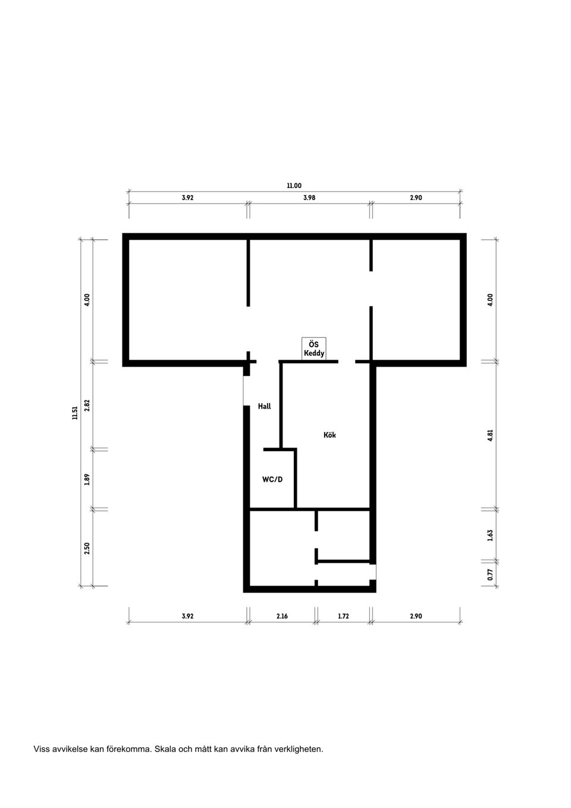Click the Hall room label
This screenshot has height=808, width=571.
pos(264,406)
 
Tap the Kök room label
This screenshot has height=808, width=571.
pos(330,435)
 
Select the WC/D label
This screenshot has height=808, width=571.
pos(272,479)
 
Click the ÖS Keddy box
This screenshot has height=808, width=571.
pos(314,349)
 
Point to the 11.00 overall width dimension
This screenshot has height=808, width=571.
pos(294,186)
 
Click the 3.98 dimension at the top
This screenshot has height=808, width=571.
pos(309,198)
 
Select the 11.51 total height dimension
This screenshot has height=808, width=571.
pos(74,413)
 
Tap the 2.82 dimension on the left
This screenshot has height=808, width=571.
pos(87,405)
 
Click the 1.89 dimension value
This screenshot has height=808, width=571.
pos(87,479)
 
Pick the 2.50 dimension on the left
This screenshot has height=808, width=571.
pos(87,548)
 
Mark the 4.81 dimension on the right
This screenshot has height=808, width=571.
pos(490,435)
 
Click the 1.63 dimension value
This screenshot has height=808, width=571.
pos(490,535)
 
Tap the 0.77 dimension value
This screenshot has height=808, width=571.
pos(490,574)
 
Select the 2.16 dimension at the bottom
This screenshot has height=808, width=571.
pos(282,616)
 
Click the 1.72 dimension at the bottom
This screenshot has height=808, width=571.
pos(343,616)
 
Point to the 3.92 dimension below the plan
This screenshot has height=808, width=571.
pos(187,616)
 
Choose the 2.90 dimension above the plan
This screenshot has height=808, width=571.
pos(416,198)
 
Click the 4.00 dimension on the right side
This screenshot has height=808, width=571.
pos(490,299)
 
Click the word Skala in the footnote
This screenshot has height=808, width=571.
pos(165,749)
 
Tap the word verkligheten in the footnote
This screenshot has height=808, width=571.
pos(298,749)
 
